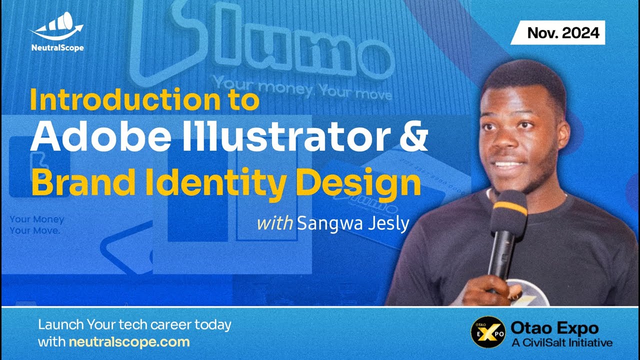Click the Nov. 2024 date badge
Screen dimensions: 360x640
[x=562, y=33]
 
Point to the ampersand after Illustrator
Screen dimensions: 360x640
[x=414, y=135]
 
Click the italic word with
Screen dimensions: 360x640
[x=274, y=223]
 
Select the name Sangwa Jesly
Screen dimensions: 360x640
[x=353, y=223]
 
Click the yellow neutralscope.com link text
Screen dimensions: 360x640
[x=129, y=342]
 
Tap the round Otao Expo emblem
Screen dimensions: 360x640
[x=487, y=332]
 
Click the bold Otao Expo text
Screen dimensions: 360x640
[x=554, y=328]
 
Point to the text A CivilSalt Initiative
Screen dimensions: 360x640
[x=561, y=343]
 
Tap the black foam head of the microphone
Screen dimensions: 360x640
[x=508, y=220]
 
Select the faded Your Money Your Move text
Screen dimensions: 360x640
[x=36, y=225]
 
